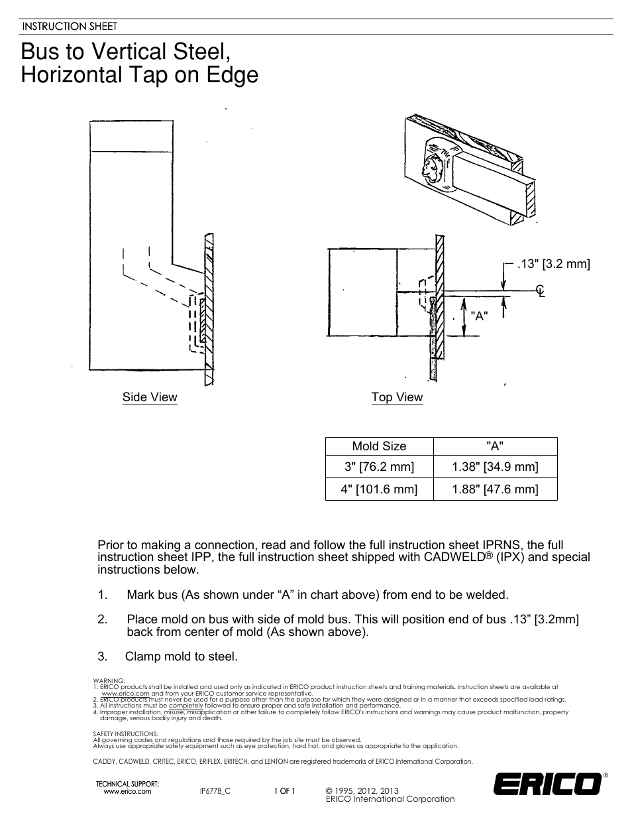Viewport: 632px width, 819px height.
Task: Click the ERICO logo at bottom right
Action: (x=548, y=785)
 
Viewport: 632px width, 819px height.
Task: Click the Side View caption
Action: (x=150, y=397)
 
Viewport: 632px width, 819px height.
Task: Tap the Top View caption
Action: (x=397, y=397)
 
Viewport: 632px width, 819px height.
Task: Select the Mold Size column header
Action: (x=379, y=446)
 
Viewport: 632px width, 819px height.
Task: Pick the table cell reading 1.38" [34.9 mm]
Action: (x=495, y=467)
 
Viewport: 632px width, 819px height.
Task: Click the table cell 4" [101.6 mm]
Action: (x=379, y=489)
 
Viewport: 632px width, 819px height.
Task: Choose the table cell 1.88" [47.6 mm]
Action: (x=495, y=489)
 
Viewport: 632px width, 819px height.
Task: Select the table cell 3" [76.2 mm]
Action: (x=379, y=467)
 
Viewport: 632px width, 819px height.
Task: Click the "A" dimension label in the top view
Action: (x=479, y=316)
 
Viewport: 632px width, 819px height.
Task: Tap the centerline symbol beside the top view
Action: (x=541, y=290)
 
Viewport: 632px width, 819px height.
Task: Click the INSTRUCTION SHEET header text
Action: (x=70, y=27)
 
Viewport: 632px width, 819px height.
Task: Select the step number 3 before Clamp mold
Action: (x=102, y=657)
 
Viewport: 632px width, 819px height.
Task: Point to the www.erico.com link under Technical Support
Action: (x=128, y=792)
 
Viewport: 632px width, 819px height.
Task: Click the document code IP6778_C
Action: (x=215, y=792)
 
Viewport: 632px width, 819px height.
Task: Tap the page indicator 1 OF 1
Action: (x=285, y=792)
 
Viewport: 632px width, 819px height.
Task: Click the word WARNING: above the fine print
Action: (x=109, y=681)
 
